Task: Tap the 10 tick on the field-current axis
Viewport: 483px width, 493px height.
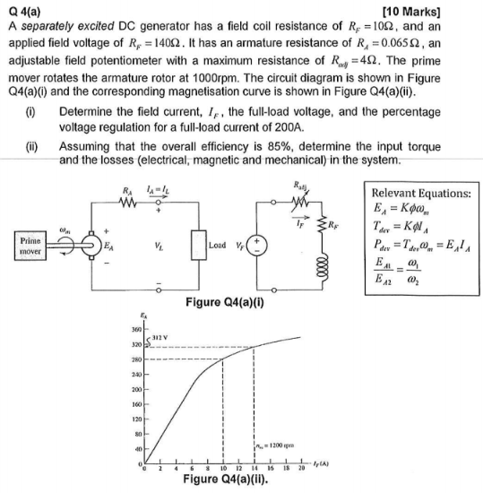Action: pos(222,471)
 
